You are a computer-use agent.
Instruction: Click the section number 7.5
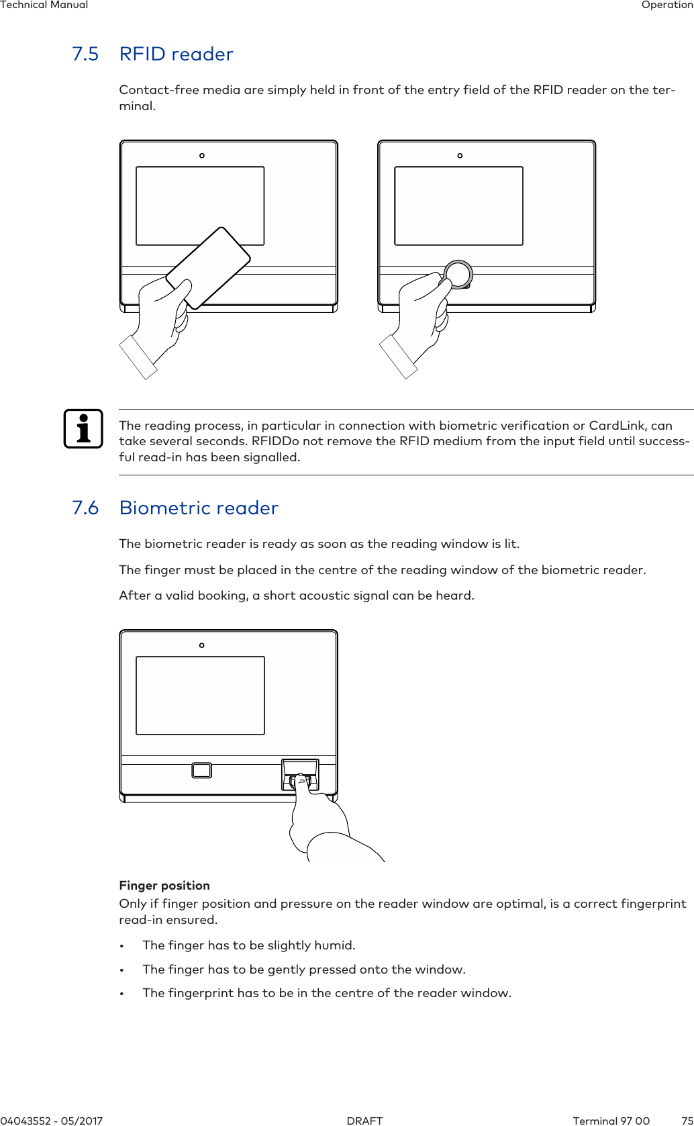tap(85, 54)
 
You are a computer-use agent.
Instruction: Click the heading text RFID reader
tap(176, 54)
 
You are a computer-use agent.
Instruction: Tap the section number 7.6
tap(85, 508)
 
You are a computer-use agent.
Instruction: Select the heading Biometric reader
tap(198, 508)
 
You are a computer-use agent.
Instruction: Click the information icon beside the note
tap(83, 428)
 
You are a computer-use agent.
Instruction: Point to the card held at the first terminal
tap(208, 267)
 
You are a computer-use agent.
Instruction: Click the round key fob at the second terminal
tap(458, 274)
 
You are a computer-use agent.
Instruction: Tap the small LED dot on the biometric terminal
tap(201, 645)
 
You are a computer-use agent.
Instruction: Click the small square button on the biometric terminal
tap(201, 770)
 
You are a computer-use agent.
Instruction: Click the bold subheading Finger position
tap(164, 886)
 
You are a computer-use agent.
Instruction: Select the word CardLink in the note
tap(619, 426)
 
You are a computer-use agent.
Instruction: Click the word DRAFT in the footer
tap(364, 1121)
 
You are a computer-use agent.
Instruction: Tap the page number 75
tap(687, 1121)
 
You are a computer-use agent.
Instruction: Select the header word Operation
tap(667, 5)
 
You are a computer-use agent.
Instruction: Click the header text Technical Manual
tap(44, 5)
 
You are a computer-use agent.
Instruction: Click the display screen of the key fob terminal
tap(458, 206)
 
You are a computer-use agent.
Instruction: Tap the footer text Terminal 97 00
tap(611, 1121)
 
